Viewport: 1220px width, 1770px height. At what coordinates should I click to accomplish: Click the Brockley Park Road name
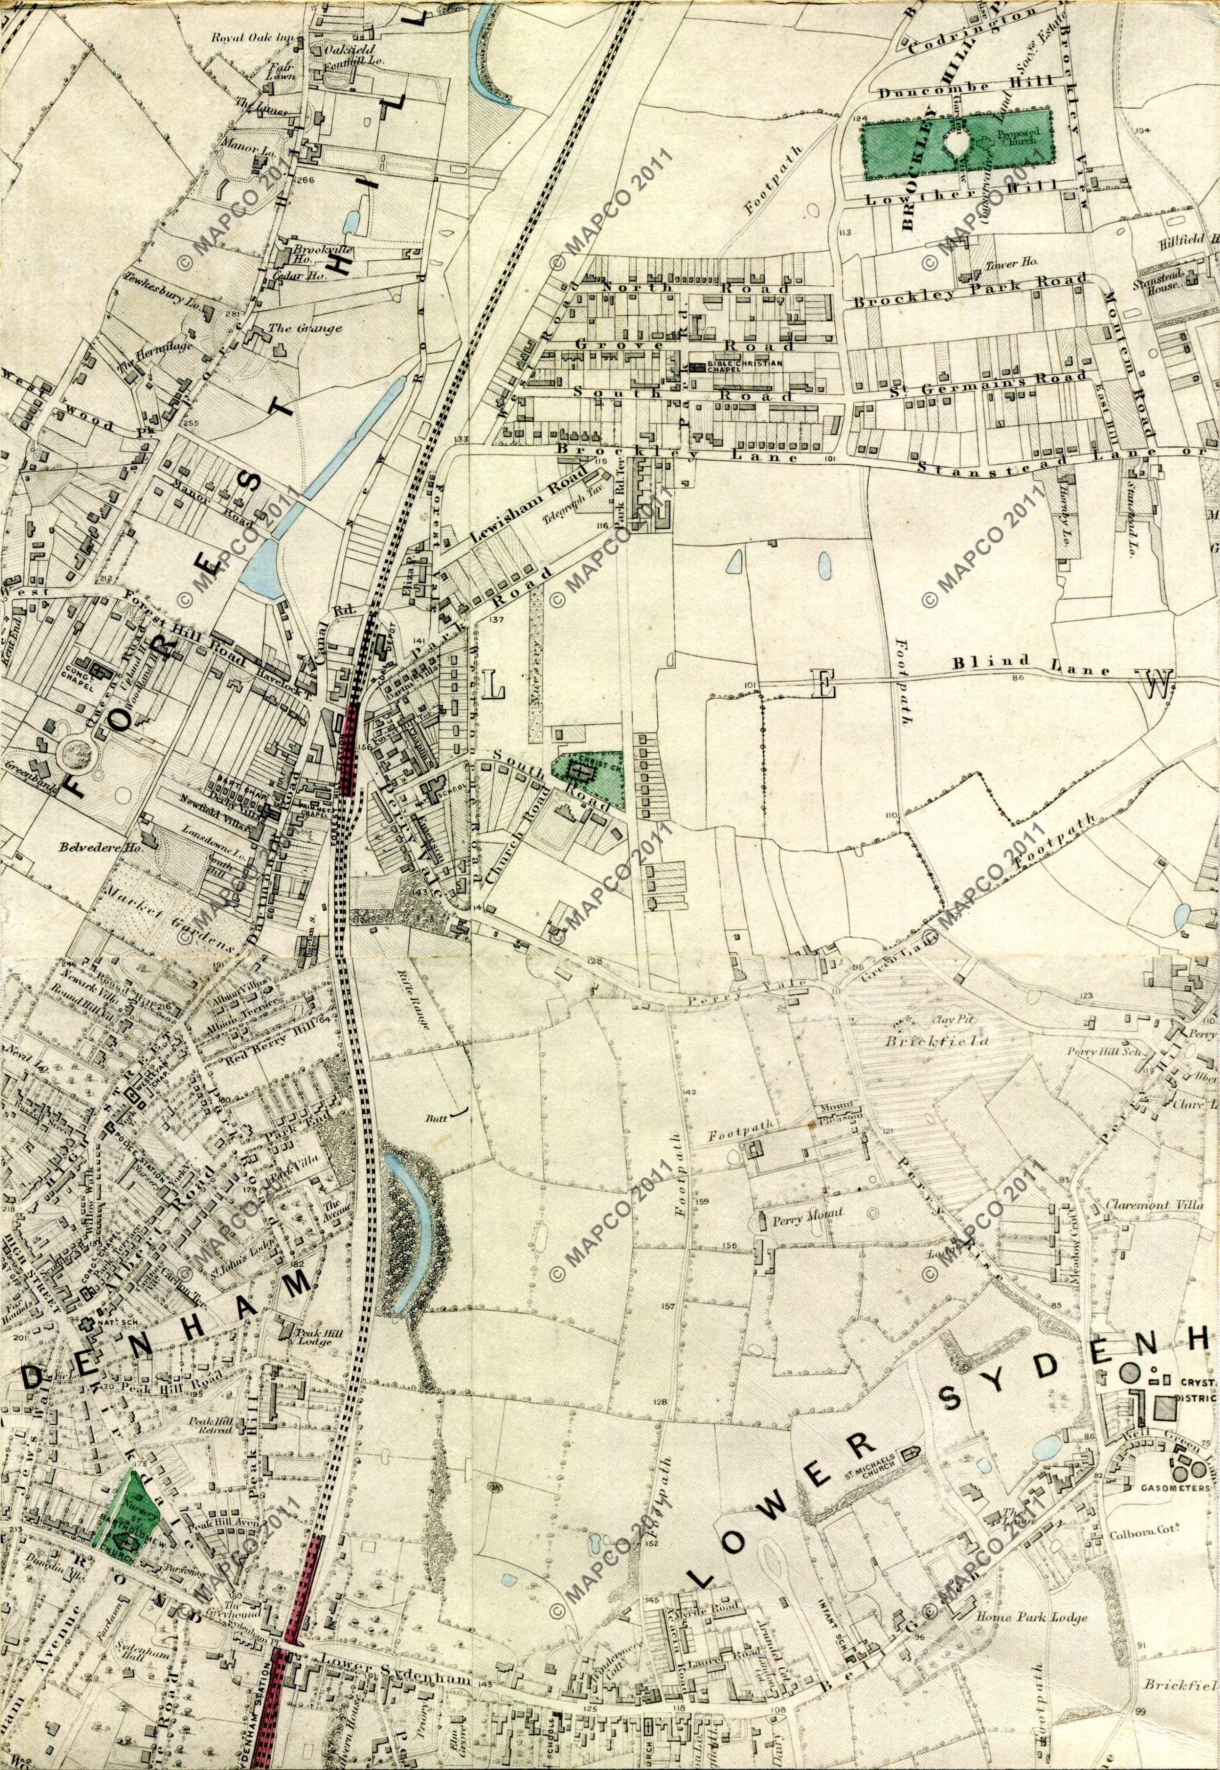(970, 292)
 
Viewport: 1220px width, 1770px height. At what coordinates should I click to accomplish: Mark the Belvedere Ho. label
(90, 847)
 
